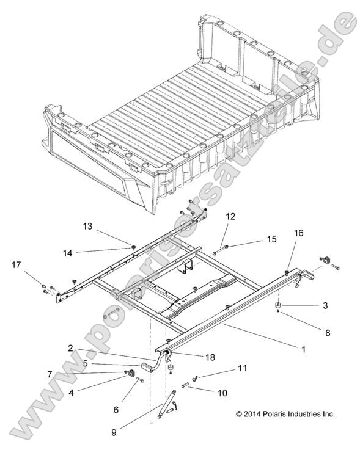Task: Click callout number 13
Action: click(87, 226)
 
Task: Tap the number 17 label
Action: click(15, 264)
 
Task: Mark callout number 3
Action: click(326, 305)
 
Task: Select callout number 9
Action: click(114, 432)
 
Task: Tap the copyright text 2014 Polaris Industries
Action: click(285, 414)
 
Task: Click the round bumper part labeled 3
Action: click(277, 306)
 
